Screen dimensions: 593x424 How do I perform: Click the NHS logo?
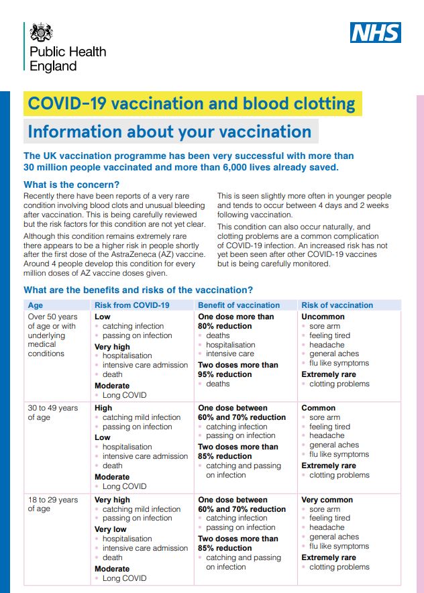[375, 32]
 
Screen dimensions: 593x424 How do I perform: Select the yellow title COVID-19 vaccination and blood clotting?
[192, 104]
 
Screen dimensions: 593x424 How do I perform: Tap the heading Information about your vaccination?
[170, 131]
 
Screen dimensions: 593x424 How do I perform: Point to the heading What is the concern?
[72, 185]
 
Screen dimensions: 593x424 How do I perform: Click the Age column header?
[35, 305]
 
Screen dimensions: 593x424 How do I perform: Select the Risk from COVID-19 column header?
[132, 305]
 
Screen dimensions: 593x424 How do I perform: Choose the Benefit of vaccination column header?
[239, 305]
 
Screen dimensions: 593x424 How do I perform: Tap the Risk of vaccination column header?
[337, 305]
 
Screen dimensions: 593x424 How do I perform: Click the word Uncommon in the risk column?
[323, 317]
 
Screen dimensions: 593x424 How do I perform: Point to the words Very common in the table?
[327, 500]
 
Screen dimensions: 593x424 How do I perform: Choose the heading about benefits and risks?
[138, 290]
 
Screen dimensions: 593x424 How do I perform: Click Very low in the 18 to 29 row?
[111, 529]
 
